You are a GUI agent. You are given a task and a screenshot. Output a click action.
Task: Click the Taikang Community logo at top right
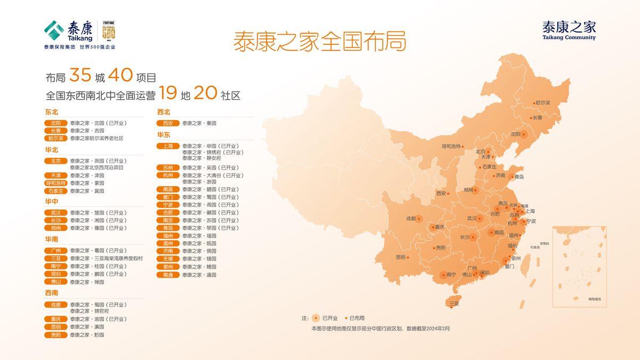[x=569, y=30]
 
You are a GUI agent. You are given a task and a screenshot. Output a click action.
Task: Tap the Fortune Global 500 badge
[x=109, y=33]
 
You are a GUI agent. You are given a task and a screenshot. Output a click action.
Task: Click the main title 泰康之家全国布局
[x=319, y=42]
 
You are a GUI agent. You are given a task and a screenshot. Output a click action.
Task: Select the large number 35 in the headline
[x=80, y=76]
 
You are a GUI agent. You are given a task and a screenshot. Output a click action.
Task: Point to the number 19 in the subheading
[x=167, y=94]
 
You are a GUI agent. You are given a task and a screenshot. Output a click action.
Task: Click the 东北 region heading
[x=52, y=112]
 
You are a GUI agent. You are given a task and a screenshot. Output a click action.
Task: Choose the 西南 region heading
[x=52, y=293]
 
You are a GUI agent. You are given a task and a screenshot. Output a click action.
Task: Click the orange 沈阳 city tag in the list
[x=56, y=123]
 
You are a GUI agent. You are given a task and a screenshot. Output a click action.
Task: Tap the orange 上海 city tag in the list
[x=168, y=146]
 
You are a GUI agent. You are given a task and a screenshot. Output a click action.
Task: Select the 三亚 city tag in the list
[x=56, y=258]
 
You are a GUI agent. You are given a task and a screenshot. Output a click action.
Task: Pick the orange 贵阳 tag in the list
[x=56, y=335]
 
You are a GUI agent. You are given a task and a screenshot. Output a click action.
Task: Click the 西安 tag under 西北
[x=168, y=123]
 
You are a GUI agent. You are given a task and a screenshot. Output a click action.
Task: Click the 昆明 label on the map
[x=401, y=257]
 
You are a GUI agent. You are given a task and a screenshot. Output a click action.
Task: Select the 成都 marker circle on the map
[x=419, y=218]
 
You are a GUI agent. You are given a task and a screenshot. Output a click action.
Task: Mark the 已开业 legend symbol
[x=316, y=318]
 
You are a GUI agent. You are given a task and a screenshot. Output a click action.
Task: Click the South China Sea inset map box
[x=579, y=266]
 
